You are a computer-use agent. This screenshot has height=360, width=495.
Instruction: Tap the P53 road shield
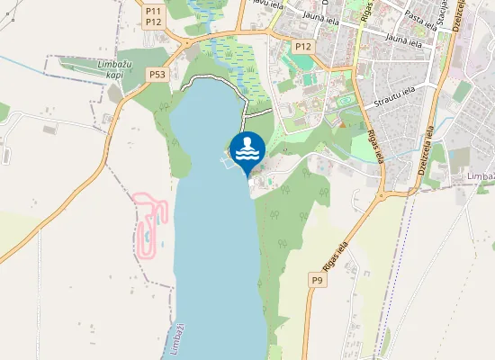point(158,75)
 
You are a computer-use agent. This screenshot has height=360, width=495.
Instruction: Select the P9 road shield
point(316,281)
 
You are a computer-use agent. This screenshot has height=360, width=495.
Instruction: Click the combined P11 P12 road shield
point(153,15)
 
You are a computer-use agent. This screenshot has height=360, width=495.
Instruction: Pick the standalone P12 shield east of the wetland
point(302,45)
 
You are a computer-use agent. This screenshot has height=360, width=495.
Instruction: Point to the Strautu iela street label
point(396,90)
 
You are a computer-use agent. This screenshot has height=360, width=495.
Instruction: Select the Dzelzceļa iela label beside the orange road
point(427,154)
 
